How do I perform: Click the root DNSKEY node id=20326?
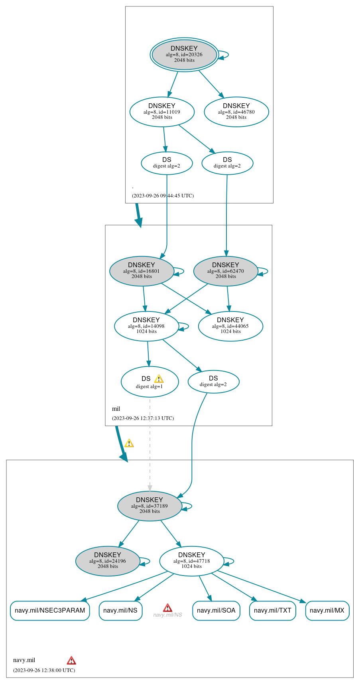(x=184, y=55)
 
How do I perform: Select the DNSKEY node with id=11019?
(x=162, y=112)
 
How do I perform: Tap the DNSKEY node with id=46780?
(x=236, y=112)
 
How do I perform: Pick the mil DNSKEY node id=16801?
(x=142, y=271)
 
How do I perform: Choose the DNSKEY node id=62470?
(x=226, y=271)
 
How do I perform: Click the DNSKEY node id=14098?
(x=146, y=326)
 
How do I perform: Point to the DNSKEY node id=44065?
(x=230, y=326)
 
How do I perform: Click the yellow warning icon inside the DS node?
(x=159, y=379)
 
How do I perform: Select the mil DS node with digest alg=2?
(x=213, y=381)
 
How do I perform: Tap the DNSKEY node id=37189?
(x=150, y=506)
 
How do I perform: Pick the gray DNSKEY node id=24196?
(x=108, y=561)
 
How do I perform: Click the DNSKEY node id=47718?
(x=192, y=561)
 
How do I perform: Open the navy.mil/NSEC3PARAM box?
(x=50, y=610)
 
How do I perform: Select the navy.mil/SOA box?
(x=216, y=610)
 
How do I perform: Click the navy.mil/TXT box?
(x=272, y=610)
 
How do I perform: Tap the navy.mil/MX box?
(x=327, y=610)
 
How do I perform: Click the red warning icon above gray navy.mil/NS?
(x=167, y=607)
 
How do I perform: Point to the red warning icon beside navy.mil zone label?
(x=71, y=660)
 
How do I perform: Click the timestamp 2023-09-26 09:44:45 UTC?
(x=163, y=196)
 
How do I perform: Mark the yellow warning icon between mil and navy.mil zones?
(x=129, y=443)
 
